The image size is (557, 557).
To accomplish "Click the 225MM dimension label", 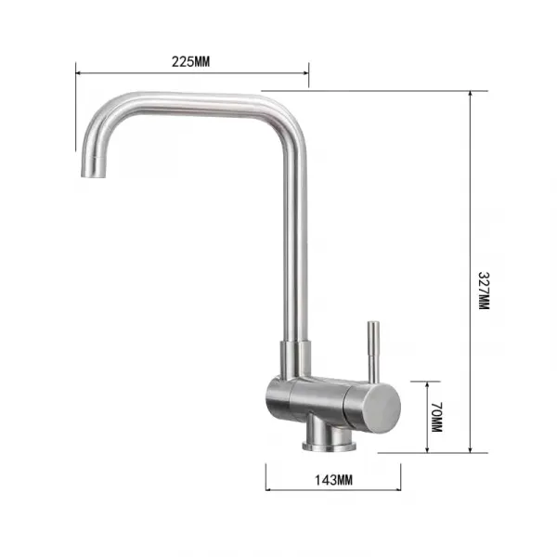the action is click(190, 62).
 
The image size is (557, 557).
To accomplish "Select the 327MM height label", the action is click(484, 291).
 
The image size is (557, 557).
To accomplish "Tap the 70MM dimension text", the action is click(436, 417).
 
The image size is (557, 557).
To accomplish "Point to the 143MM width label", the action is click(333, 480).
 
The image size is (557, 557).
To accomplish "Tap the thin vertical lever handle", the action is click(373, 352).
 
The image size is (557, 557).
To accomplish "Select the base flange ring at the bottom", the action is click(330, 446).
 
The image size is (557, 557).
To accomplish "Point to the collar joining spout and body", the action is click(295, 358).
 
